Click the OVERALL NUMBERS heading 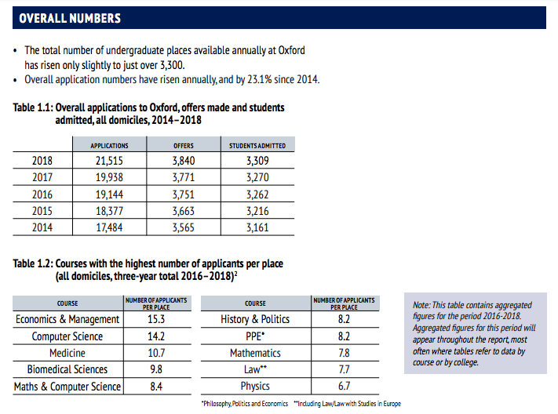point(71,17)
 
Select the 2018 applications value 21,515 point(109,161)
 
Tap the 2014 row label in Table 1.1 point(42,227)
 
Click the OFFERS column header point(183,145)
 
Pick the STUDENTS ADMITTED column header point(257,145)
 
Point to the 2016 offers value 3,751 point(183,194)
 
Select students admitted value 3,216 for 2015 point(257,210)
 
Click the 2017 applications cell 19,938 point(109,177)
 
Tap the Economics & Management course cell point(67,319)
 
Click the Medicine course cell point(67,353)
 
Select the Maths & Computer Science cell point(67,387)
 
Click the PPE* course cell point(255,336)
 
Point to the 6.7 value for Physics point(343,387)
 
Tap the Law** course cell point(255,369)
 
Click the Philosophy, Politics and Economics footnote point(244,404)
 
